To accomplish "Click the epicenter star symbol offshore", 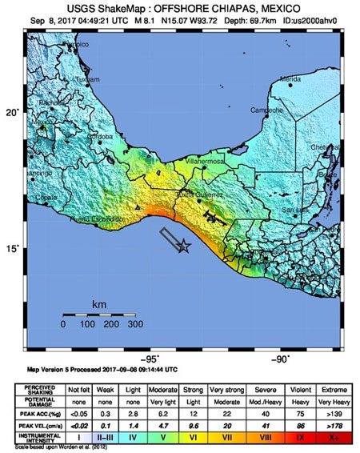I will click(x=184, y=247).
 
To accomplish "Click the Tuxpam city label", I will click(x=65, y=81).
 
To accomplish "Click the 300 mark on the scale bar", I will click(x=135, y=324).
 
